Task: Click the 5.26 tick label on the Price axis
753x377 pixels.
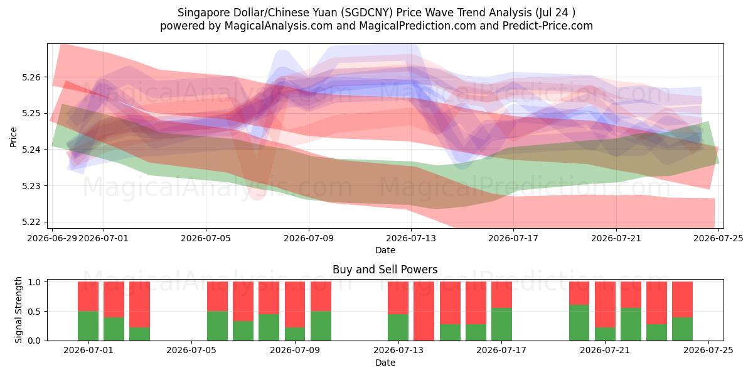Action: pos(31,77)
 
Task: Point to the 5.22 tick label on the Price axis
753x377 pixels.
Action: pos(31,222)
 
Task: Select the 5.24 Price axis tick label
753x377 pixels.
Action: pos(31,150)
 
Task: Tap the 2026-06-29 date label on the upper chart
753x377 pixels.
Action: pos(52,238)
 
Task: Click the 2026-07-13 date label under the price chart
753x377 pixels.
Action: pos(411,238)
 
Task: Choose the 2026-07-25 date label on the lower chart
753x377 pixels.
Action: pos(708,350)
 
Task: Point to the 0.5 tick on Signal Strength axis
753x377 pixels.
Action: pos(35,312)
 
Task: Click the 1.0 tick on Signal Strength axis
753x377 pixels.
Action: pos(35,282)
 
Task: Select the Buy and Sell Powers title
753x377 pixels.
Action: pos(385,270)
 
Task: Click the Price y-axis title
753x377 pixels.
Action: pos(13,137)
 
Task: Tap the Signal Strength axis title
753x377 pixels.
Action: pos(18,310)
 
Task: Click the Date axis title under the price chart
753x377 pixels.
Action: pos(385,250)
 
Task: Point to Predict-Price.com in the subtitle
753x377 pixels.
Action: pos(548,26)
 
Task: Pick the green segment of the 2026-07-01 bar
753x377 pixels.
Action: pos(88,326)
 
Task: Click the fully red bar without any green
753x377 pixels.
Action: pos(424,311)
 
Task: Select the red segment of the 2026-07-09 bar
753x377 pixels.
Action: pos(295,305)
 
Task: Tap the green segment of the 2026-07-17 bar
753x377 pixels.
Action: pos(501,324)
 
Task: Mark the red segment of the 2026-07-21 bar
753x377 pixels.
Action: pos(605,305)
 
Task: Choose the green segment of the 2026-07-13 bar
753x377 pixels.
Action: pos(398,327)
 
